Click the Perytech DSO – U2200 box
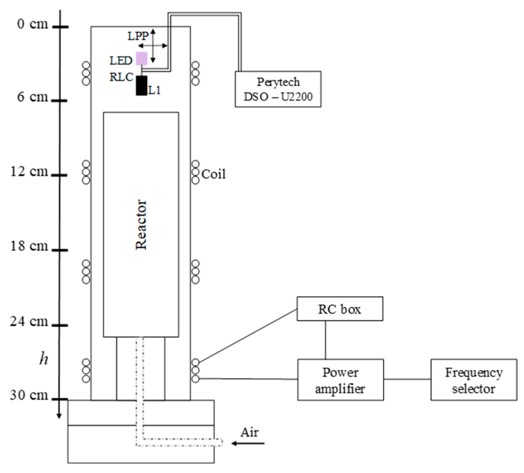click(x=278, y=89)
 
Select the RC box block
click(x=339, y=309)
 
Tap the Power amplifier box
click(x=340, y=380)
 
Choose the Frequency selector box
click(x=474, y=380)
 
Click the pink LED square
click(x=142, y=58)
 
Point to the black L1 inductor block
click(x=142, y=85)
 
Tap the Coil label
click(x=213, y=174)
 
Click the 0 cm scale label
click(x=33, y=24)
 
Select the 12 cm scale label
click(x=29, y=171)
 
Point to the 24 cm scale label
click(x=29, y=321)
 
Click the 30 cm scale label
click(x=29, y=395)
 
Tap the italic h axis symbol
click(x=44, y=358)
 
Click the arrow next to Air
click(x=248, y=443)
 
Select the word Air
click(x=249, y=432)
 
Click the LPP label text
click(x=138, y=36)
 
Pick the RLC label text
click(x=121, y=77)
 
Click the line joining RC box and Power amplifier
click(x=326, y=340)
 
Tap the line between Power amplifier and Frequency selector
click(x=407, y=379)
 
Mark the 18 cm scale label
click(x=29, y=246)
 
